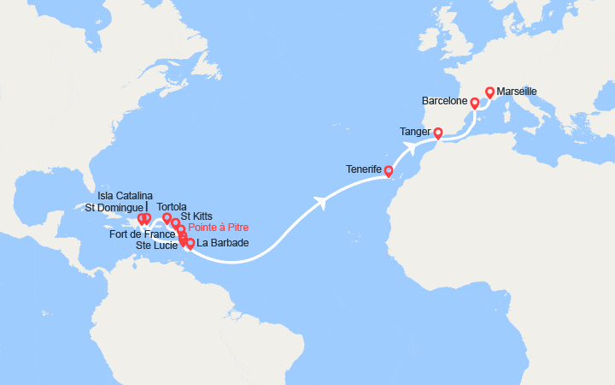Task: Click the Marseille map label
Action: pos(516,92)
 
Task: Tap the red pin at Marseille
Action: pos(489,92)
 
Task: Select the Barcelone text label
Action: pos(444,101)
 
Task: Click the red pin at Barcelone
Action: pos(474,102)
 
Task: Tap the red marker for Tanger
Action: pos(437,133)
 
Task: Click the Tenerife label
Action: pos(364,169)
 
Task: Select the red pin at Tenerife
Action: pos(388,170)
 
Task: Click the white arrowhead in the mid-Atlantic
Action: pos(321,203)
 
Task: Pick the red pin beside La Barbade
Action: pos(190,244)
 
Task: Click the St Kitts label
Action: pos(197,216)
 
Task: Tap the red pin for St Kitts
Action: pos(175,223)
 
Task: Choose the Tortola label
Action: pos(173,206)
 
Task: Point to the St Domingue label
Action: pos(112,207)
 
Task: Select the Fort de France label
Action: pos(143,234)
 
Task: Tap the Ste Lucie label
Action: pos(156,246)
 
